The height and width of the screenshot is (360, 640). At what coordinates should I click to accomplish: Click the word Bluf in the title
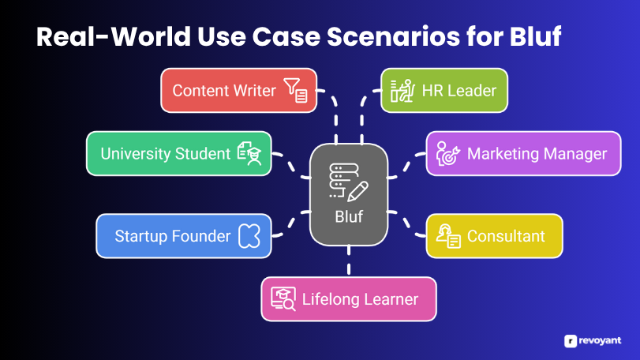pyautogui.click(x=535, y=36)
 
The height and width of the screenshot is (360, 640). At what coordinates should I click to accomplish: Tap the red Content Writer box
pyautogui.click(x=239, y=90)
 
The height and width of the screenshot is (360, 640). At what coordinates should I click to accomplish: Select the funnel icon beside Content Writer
pyautogui.click(x=296, y=90)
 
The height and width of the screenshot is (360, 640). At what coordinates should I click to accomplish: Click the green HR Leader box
pyautogui.click(x=444, y=90)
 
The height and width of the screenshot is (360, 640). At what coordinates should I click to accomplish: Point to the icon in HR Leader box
pyautogui.click(x=402, y=90)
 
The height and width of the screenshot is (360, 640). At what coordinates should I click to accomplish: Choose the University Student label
pyautogui.click(x=165, y=154)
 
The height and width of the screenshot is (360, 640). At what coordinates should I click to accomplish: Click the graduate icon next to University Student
pyautogui.click(x=249, y=153)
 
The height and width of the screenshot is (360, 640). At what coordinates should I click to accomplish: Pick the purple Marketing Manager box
pyautogui.click(x=523, y=153)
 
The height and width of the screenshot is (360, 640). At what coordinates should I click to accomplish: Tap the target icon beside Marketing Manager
pyautogui.click(x=448, y=153)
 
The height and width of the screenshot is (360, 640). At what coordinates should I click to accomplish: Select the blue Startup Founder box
pyautogui.click(x=184, y=236)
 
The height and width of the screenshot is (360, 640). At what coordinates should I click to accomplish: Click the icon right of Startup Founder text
pyautogui.click(x=249, y=236)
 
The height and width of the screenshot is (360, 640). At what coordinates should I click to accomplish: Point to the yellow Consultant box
pyautogui.click(x=494, y=236)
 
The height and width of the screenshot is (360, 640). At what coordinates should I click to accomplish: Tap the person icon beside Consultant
pyautogui.click(x=448, y=236)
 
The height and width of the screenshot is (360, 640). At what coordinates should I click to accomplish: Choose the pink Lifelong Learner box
pyautogui.click(x=349, y=299)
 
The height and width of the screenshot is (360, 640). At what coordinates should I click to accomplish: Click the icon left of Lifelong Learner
pyautogui.click(x=283, y=299)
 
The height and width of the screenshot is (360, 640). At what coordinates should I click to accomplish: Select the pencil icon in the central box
pyautogui.click(x=358, y=191)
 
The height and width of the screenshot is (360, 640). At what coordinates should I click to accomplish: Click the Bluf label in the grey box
pyautogui.click(x=349, y=217)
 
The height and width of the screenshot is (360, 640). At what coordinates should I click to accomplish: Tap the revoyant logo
pyautogui.click(x=593, y=341)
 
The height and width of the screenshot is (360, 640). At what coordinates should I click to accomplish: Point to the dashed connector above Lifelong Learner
pyautogui.click(x=349, y=261)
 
